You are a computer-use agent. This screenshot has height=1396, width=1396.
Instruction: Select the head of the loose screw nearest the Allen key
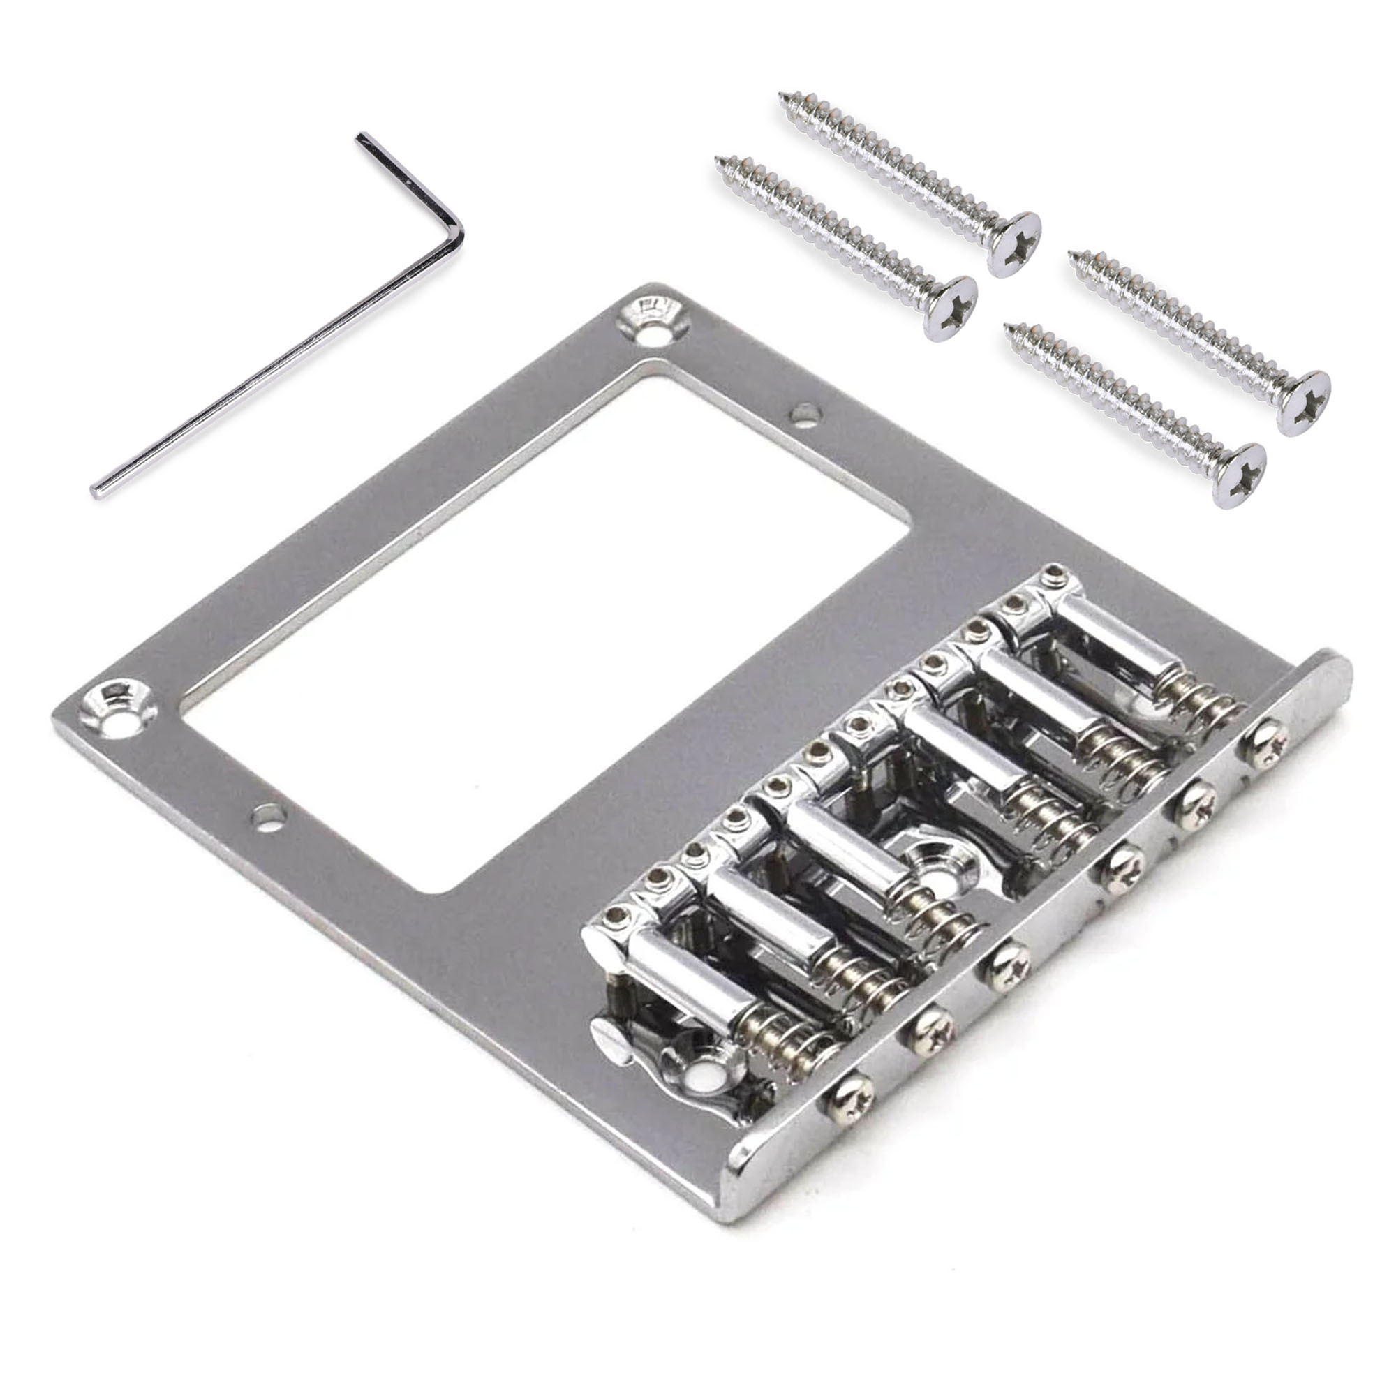point(952,308)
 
